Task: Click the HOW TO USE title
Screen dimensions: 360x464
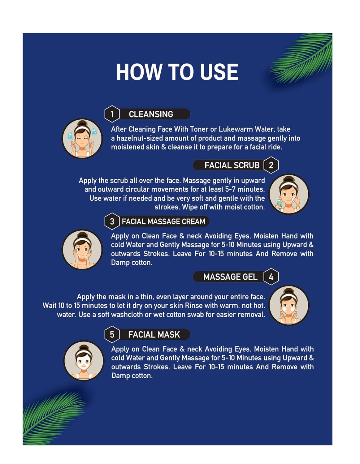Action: (177, 72)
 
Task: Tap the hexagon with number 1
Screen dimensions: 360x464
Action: (112, 114)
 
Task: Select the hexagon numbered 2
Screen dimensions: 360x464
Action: (271, 165)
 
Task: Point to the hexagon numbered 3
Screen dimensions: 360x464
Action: (112, 221)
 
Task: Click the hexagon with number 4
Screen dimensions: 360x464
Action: (271, 277)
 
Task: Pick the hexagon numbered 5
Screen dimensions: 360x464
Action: (112, 334)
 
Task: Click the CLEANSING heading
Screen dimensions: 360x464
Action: (151, 114)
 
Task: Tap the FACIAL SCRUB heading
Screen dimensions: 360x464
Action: (232, 165)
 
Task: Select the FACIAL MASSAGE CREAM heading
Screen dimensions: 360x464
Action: (163, 221)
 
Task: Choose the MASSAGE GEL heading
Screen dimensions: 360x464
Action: (230, 277)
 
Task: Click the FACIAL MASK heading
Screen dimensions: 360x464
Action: (154, 335)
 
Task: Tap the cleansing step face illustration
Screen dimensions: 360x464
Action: (82, 138)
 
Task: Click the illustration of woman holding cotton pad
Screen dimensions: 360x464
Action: (288, 194)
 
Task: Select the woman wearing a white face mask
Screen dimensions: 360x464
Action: (84, 361)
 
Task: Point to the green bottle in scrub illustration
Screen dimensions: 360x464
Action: (279, 204)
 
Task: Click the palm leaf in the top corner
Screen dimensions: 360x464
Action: (301, 58)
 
